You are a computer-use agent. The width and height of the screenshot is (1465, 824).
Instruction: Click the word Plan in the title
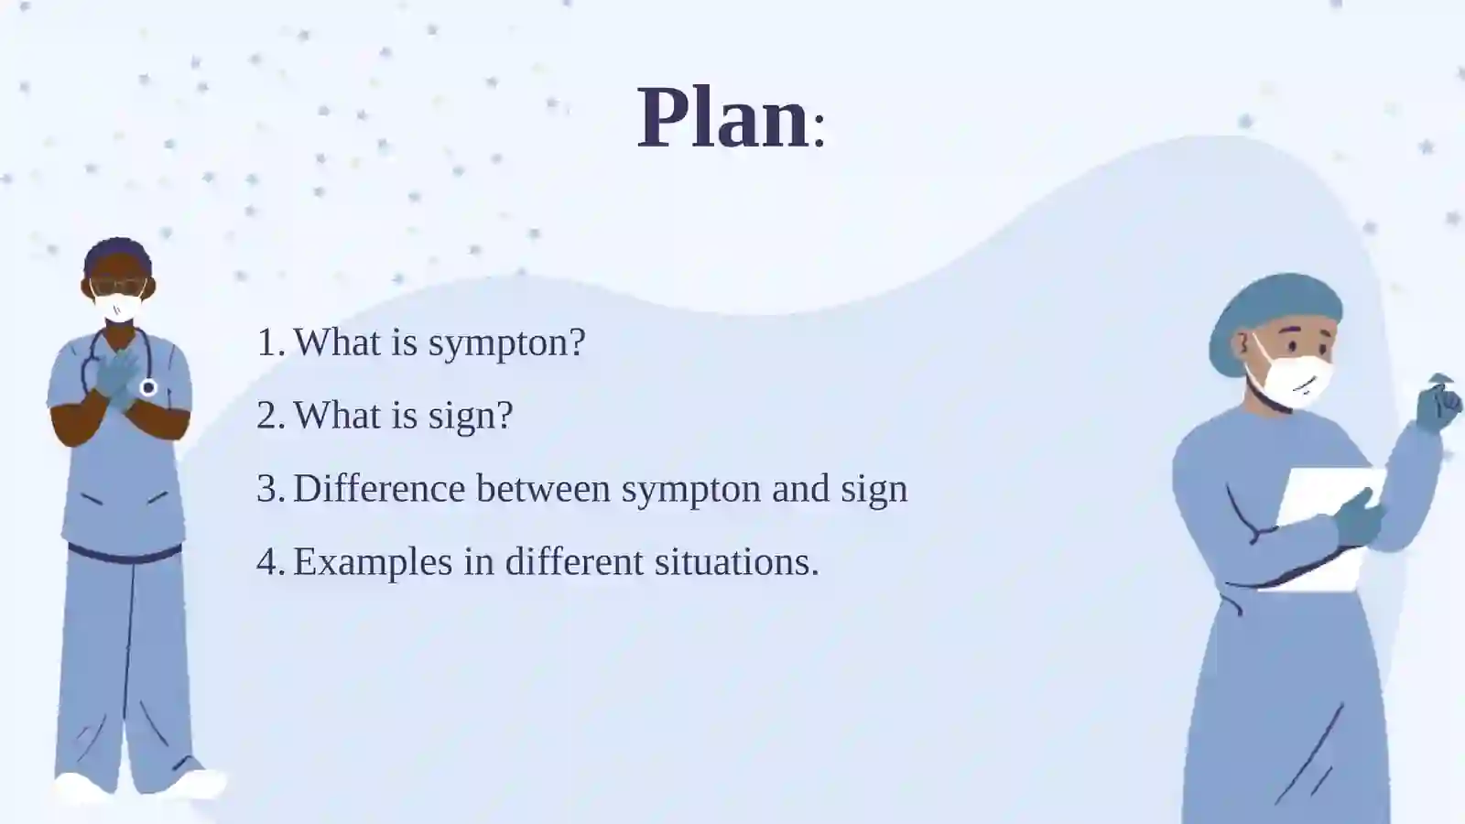(724, 118)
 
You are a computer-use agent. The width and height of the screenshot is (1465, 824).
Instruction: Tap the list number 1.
(270, 342)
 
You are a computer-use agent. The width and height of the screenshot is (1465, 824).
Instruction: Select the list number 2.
(270, 416)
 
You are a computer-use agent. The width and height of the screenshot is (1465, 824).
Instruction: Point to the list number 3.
(270, 489)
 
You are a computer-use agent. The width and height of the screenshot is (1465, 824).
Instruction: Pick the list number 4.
(270, 562)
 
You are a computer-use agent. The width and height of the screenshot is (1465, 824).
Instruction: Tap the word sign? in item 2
(471, 417)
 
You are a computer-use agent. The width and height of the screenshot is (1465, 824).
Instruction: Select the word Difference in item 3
(379, 488)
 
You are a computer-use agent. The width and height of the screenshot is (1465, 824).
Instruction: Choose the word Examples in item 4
(373, 562)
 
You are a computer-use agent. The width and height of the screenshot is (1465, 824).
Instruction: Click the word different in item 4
(574, 561)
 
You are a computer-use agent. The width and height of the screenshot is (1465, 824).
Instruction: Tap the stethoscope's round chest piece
(148, 388)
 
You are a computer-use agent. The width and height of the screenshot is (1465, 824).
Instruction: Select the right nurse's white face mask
(1295, 379)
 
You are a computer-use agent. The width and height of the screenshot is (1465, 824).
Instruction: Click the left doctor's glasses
(118, 287)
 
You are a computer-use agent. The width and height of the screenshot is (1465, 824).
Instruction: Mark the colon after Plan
(819, 130)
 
